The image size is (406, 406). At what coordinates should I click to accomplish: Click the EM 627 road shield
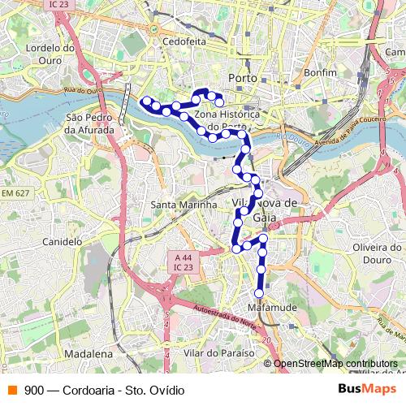point(15,192)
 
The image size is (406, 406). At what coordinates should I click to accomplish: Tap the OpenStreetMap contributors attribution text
point(336,364)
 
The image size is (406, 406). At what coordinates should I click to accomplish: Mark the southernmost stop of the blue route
point(259,293)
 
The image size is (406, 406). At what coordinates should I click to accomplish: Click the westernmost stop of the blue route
point(146,101)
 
